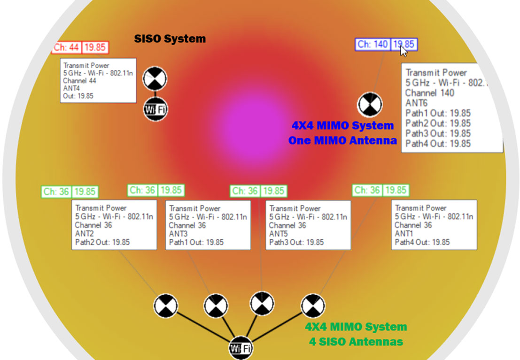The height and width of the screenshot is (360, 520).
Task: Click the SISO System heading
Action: coord(170,38)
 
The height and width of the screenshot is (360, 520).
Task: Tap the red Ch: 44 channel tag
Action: coord(66,47)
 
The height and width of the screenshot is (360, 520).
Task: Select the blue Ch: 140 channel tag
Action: coord(373,45)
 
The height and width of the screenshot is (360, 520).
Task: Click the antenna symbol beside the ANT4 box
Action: coord(155,78)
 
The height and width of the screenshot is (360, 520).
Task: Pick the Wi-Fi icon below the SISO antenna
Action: coord(155,109)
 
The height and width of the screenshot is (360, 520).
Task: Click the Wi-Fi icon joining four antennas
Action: coord(241,348)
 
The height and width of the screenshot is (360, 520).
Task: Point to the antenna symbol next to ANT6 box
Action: coord(370,104)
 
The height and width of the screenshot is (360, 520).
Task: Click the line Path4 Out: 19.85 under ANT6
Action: coord(438,144)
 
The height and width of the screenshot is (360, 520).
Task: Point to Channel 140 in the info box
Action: coord(430,93)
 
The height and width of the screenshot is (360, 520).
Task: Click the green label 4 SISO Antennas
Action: coord(356,342)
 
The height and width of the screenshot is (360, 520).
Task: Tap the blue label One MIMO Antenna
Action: coord(342,140)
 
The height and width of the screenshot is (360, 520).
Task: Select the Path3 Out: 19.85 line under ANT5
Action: coord(296,242)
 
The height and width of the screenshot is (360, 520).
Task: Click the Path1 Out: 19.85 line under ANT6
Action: coord(438,113)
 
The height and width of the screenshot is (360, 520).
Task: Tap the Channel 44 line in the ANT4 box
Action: coord(79,81)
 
